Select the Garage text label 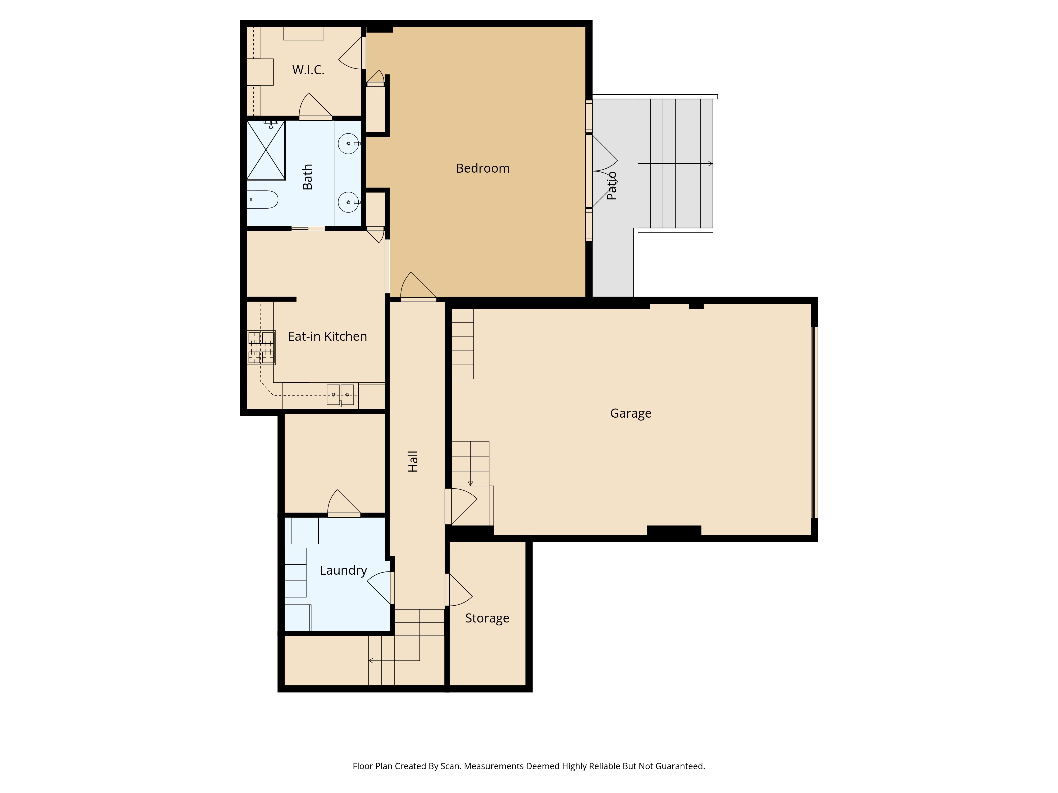click(630, 413)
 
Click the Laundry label click(343, 570)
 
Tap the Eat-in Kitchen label click(327, 336)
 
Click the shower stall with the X click(266, 150)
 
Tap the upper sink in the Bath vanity click(348, 143)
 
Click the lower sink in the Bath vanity click(348, 202)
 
